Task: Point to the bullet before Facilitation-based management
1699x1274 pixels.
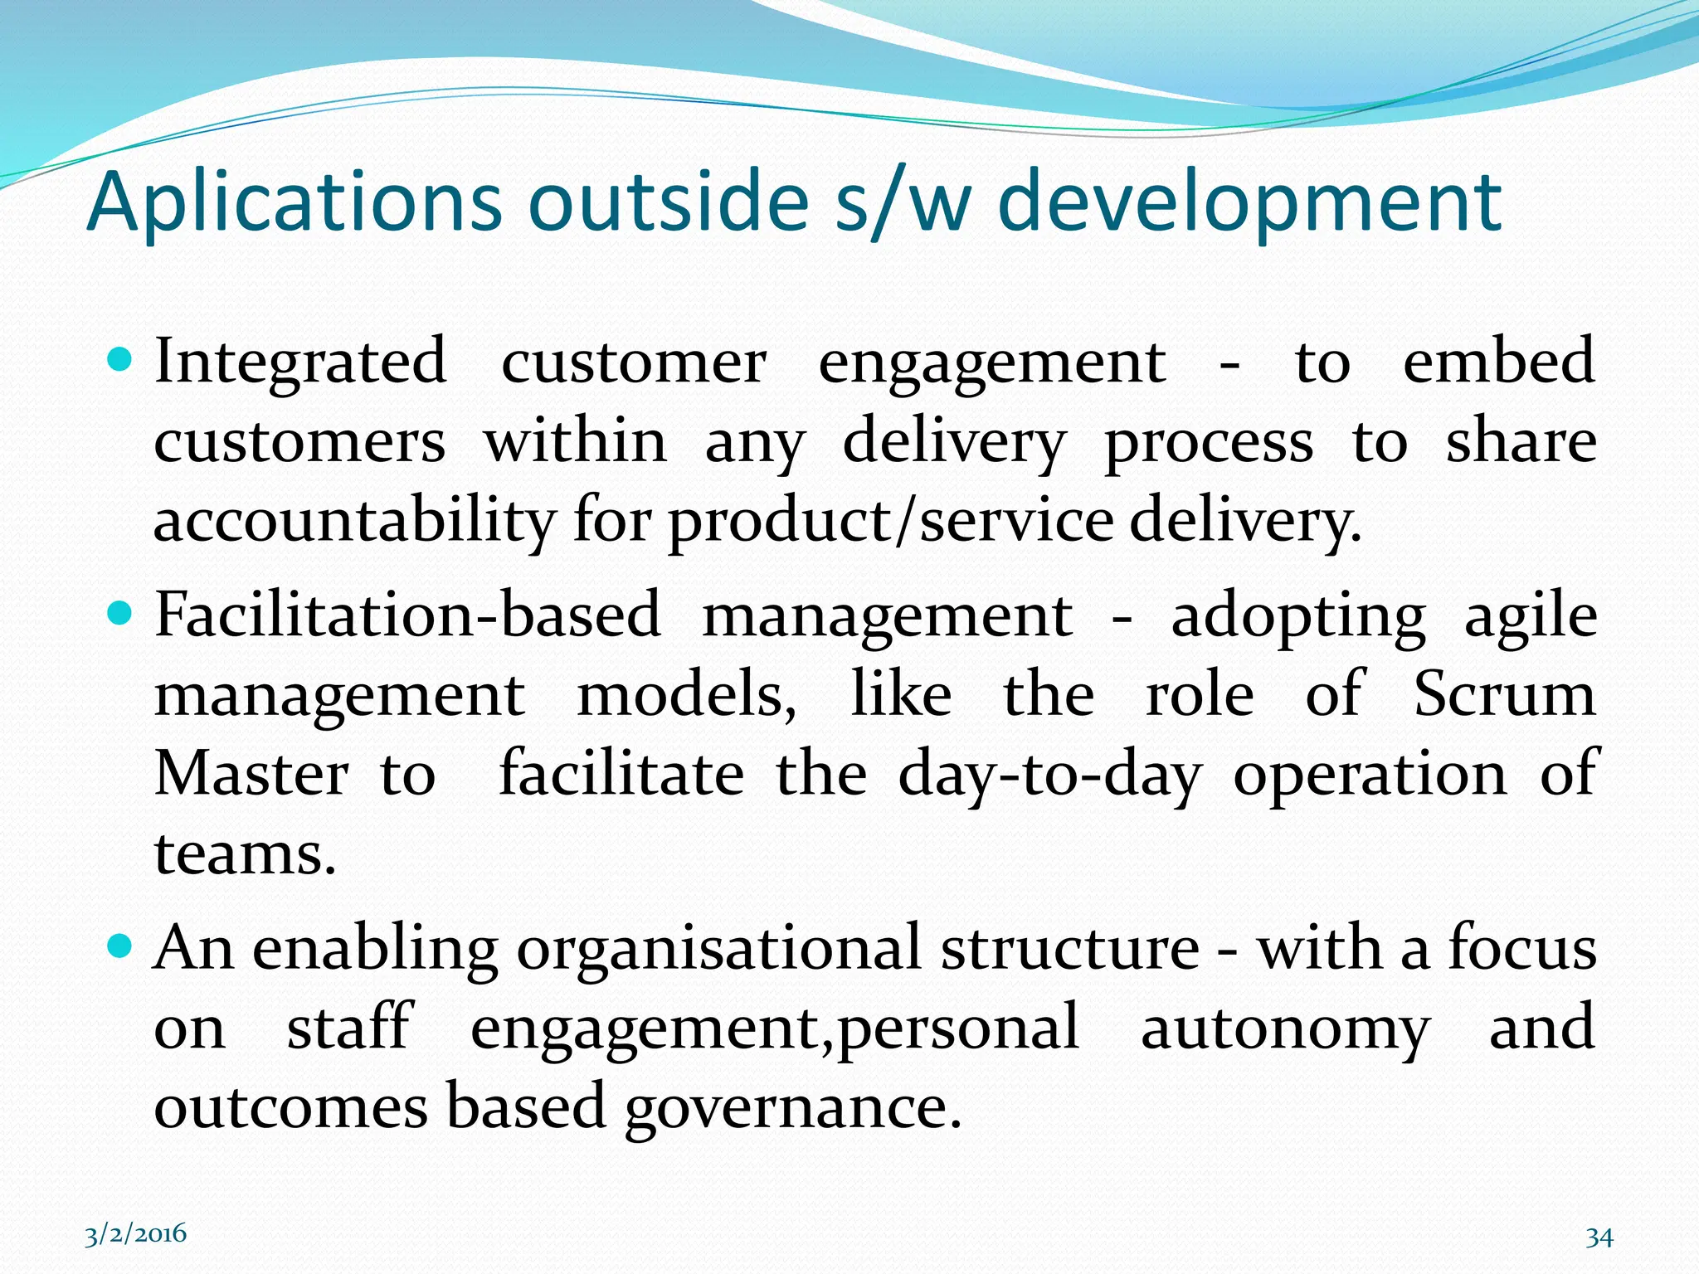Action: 121,614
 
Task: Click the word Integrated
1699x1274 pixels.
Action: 300,362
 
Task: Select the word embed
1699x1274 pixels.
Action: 1498,362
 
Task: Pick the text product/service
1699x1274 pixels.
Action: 891,522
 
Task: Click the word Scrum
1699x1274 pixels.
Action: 1504,694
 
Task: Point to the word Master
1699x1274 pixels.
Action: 251,774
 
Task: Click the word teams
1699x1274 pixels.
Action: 245,853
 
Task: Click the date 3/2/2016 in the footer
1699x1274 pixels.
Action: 136,1233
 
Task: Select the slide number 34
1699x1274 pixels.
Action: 1599,1238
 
